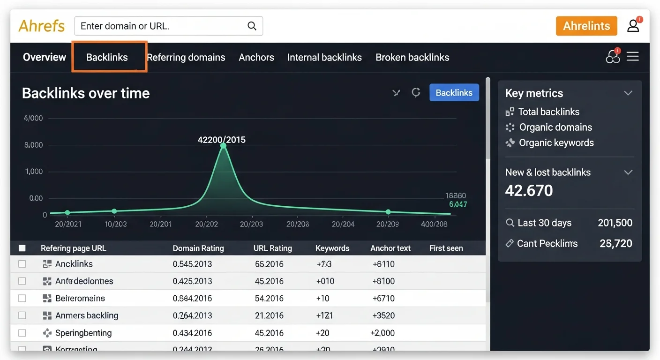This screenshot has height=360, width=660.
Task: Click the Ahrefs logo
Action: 42,26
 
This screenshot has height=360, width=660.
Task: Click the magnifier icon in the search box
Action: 252,26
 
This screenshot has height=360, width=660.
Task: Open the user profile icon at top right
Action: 633,26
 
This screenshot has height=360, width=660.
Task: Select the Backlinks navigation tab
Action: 107,57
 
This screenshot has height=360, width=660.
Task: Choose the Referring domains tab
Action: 186,57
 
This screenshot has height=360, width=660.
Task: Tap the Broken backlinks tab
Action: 412,57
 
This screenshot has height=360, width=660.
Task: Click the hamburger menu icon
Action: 633,57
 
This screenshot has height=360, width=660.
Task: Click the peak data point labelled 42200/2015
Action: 223,146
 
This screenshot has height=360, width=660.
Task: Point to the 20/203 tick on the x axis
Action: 251,224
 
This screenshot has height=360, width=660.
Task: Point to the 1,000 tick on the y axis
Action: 34,172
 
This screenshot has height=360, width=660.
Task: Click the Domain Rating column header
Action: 198,248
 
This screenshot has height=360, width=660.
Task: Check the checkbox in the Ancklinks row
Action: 22,264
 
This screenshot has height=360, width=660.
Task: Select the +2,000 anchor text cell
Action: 382,333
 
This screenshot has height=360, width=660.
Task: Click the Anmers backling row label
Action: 87,315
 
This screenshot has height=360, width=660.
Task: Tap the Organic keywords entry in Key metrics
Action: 556,143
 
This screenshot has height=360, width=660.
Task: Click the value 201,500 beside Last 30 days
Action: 615,223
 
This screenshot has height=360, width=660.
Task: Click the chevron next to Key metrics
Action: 628,93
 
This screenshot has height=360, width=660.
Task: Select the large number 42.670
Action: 529,190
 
